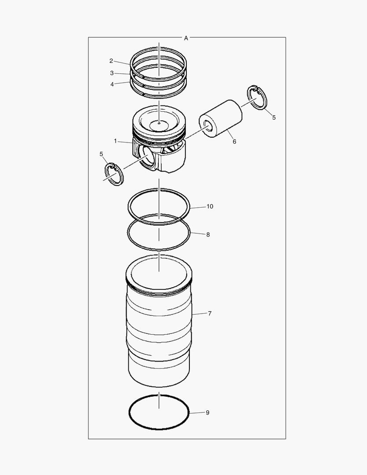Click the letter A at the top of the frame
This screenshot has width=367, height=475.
[186, 38]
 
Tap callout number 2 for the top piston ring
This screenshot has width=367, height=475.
[111, 61]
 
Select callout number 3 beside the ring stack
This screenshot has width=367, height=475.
[112, 73]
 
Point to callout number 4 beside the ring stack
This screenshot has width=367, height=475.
[112, 84]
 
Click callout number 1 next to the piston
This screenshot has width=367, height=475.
[115, 141]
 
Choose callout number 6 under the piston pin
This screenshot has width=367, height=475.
[234, 142]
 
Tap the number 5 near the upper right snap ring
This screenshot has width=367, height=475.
[274, 117]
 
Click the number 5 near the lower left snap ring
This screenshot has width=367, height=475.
[102, 154]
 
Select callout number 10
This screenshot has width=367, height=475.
[210, 206]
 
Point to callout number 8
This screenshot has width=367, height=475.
[208, 234]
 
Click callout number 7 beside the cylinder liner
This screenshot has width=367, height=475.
[210, 314]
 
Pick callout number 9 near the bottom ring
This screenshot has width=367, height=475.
[207, 413]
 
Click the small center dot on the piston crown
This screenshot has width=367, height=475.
[159, 124]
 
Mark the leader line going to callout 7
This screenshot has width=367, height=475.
[199, 314]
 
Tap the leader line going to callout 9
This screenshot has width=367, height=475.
[196, 413]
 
